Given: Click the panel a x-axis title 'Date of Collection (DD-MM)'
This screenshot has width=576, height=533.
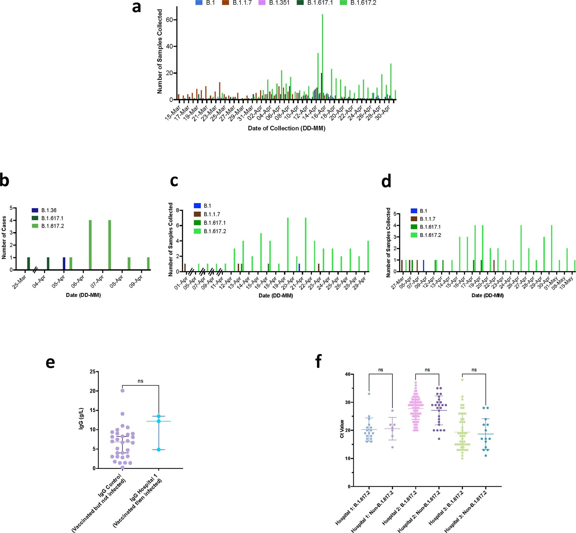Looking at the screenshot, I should click(x=286, y=128).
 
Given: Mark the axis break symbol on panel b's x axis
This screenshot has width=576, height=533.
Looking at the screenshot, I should click(x=35, y=270).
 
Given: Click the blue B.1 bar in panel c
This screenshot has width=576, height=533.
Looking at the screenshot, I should click(x=299, y=267).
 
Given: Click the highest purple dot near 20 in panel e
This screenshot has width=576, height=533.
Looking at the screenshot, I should click(x=122, y=390).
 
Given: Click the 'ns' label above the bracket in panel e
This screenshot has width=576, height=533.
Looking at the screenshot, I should click(x=140, y=381).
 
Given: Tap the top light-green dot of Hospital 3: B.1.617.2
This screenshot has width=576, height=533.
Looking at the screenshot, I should click(x=462, y=380).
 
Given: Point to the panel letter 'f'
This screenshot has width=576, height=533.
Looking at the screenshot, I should click(x=318, y=362).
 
